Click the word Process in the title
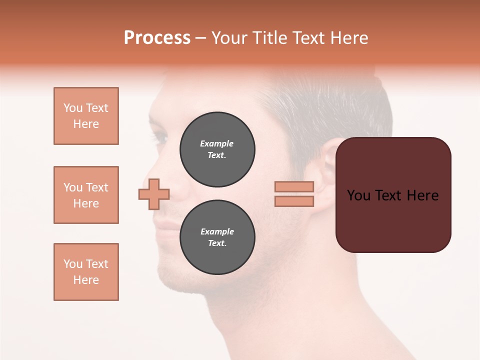point(157,38)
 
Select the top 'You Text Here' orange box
point(86,116)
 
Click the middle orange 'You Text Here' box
point(86,195)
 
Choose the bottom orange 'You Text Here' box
point(86,272)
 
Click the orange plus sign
point(154,194)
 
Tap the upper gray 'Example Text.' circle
point(217,149)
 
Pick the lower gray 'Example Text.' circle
point(217,237)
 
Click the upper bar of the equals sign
point(294,186)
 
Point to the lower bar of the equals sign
point(294,201)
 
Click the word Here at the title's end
point(349,38)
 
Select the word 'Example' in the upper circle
point(216,143)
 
